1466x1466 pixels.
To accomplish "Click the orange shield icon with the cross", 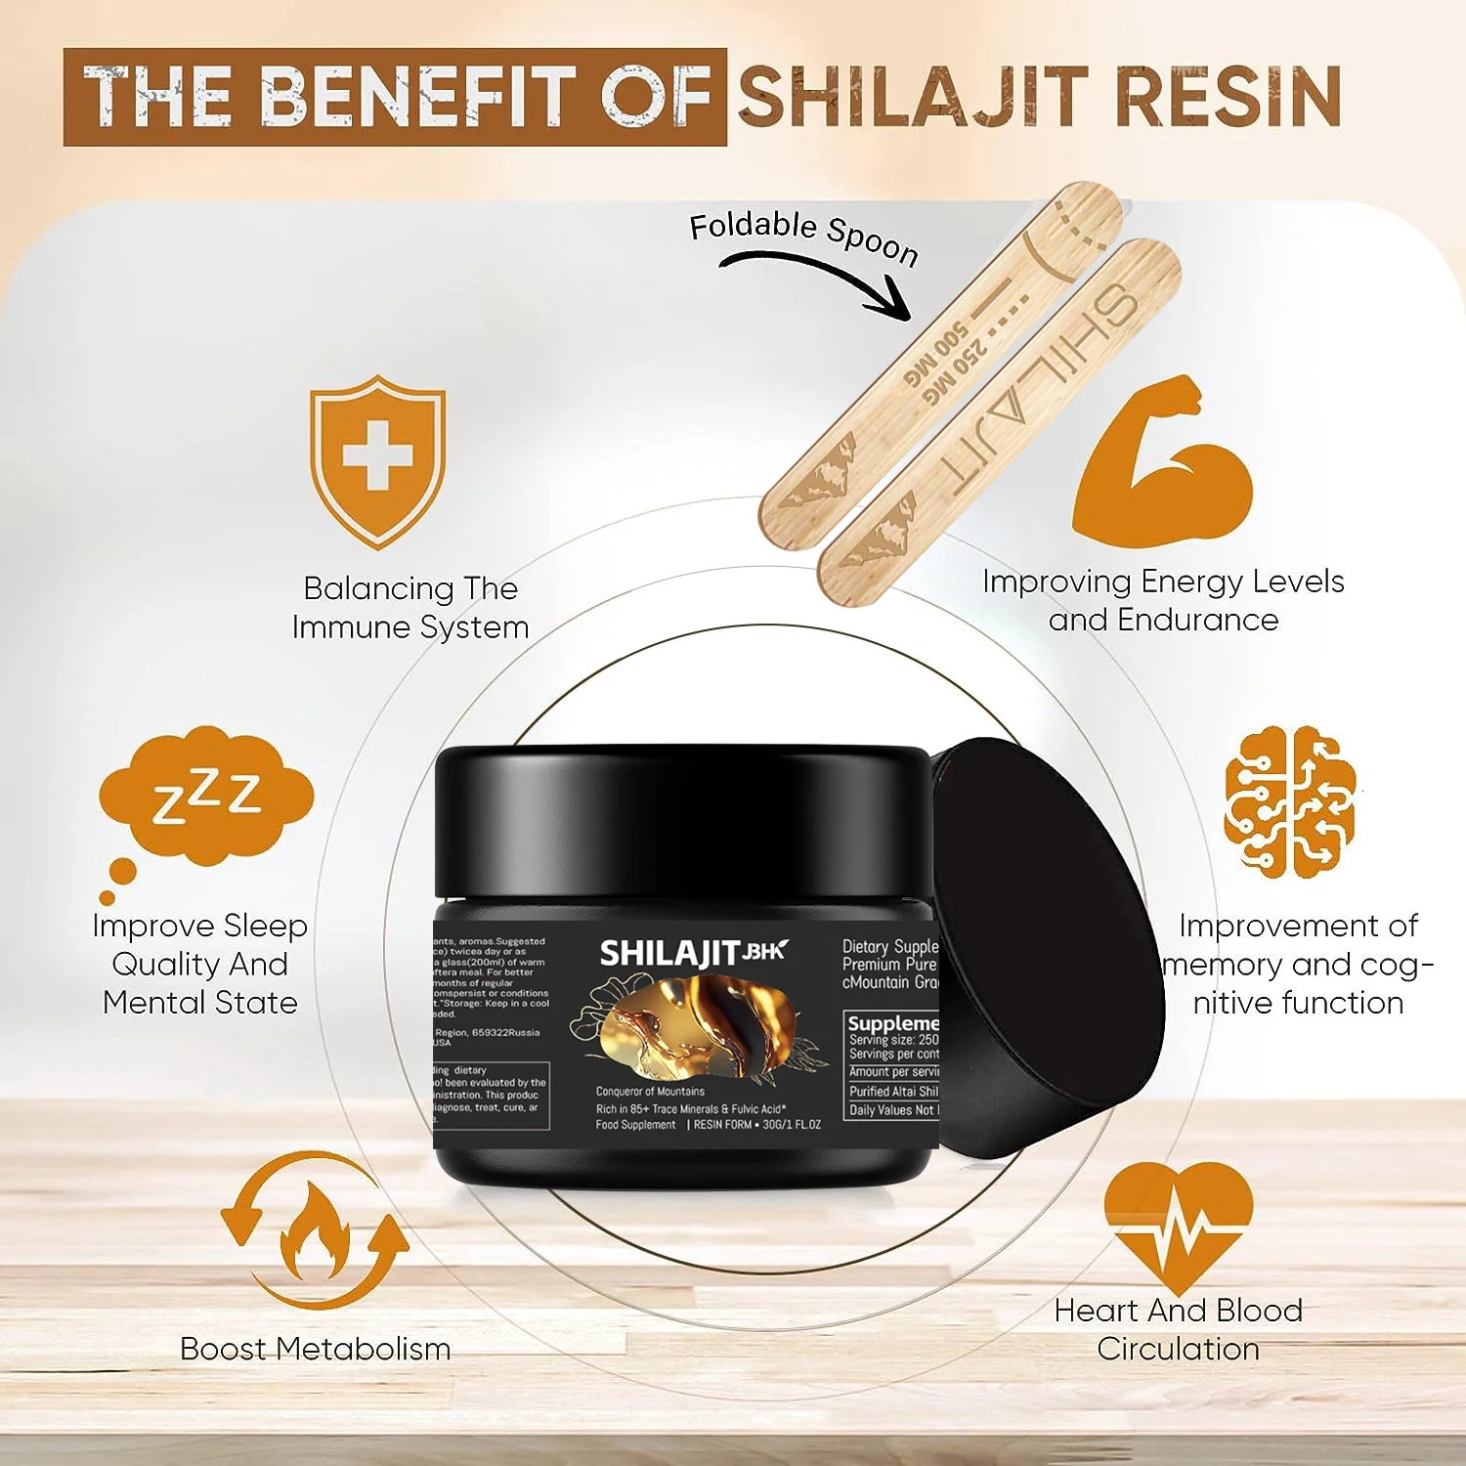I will [377, 459].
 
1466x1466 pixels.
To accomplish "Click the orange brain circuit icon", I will [1289, 801].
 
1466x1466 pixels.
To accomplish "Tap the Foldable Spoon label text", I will [803, 237].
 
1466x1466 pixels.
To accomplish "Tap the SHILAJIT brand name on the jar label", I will [669, 954].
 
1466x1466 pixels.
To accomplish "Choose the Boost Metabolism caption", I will [315, 1349].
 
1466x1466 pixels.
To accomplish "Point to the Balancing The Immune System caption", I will [410, 607].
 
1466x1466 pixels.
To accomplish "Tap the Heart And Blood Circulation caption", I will [1178, 1329].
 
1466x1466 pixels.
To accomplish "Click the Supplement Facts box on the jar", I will [891, 1065].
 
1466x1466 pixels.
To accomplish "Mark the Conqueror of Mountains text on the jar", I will [650, 1091].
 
